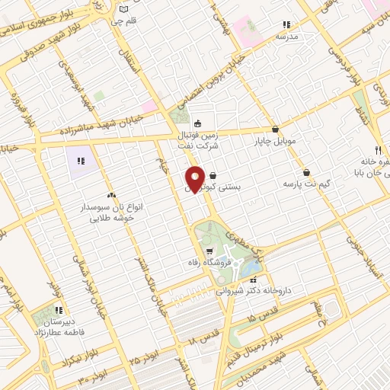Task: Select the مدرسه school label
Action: (287, 36)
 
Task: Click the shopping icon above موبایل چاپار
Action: (275, 129)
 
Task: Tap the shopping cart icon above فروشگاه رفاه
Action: (209, 251)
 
